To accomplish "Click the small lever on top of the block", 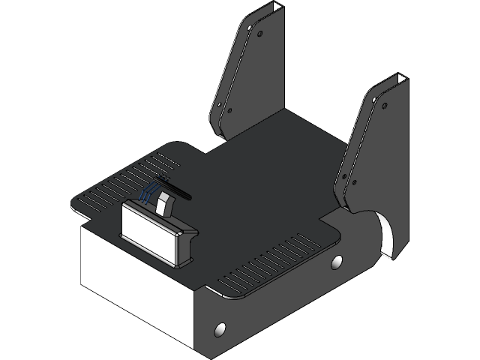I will pos(165,201).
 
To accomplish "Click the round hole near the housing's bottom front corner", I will pos(220,329).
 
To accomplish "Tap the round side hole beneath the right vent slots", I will pos(337,262).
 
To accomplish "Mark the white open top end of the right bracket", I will pos(401,79).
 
